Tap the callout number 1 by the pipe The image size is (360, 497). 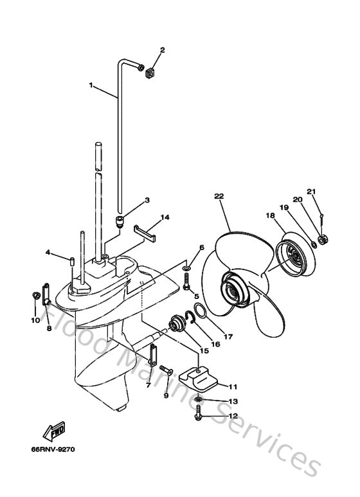coord(91,84)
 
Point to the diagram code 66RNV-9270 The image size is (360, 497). coord(53,449)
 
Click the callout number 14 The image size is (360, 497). coord(165,217)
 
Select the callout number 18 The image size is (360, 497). coord(268,217)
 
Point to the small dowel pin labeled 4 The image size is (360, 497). coord(72,262)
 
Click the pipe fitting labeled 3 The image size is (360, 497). coord(119,222)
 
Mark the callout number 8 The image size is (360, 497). coord(48,311)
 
